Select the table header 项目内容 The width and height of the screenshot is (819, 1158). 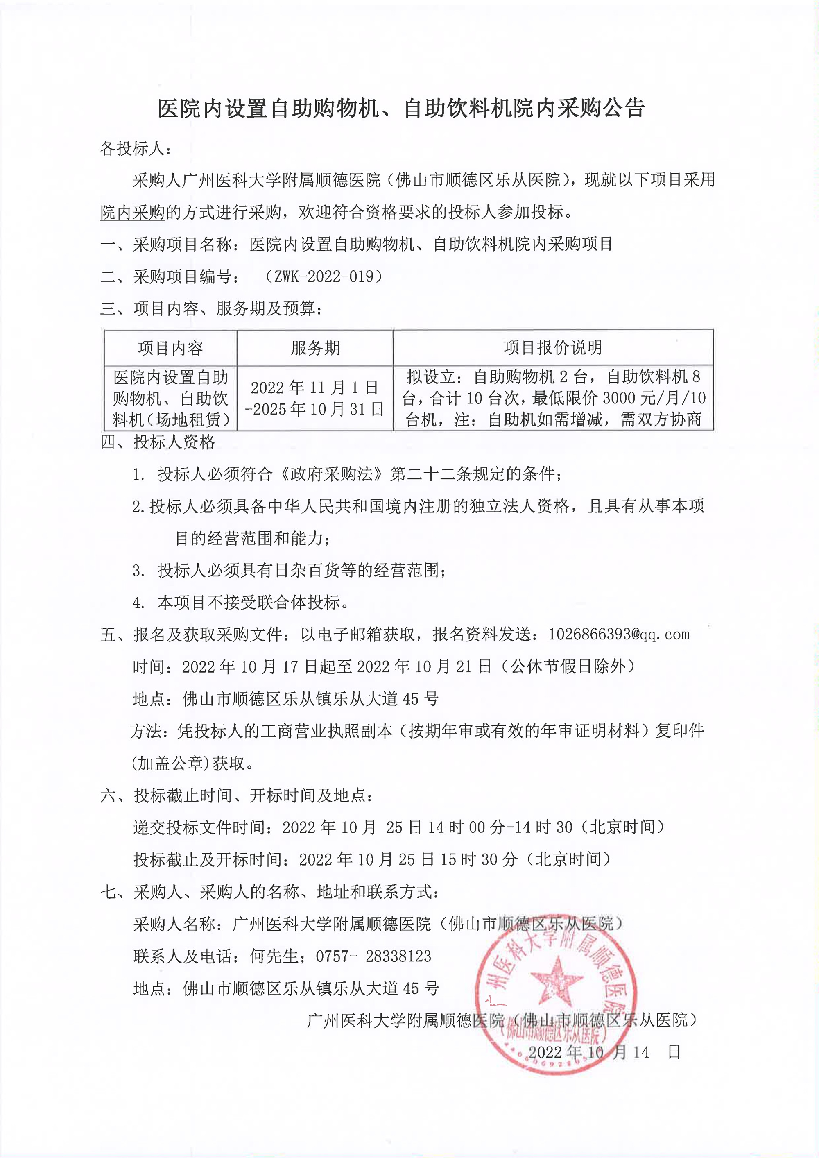(x=170, y=348)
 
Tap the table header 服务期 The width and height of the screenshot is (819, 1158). (x=315, y=348)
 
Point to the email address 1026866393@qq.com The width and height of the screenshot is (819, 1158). (x=619, y=635)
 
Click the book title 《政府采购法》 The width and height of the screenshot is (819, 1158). (x=331, y=474)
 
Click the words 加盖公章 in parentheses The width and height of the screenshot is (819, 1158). (x=170, y=764)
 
